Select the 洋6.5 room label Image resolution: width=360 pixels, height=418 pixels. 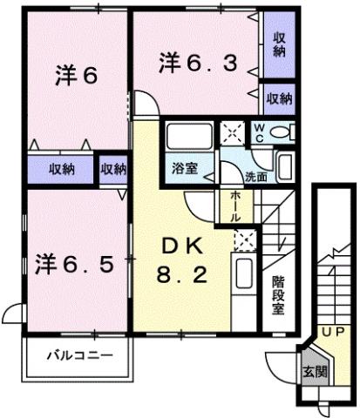pyautogui.click(x=75, y=262)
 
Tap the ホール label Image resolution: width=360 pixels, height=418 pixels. pyautogui.click(x=236, y=206)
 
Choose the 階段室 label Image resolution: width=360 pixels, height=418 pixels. pyautogui.click(x=278, y=296)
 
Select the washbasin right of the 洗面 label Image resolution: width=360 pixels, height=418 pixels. pyautogui.click(x=286, y=165)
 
